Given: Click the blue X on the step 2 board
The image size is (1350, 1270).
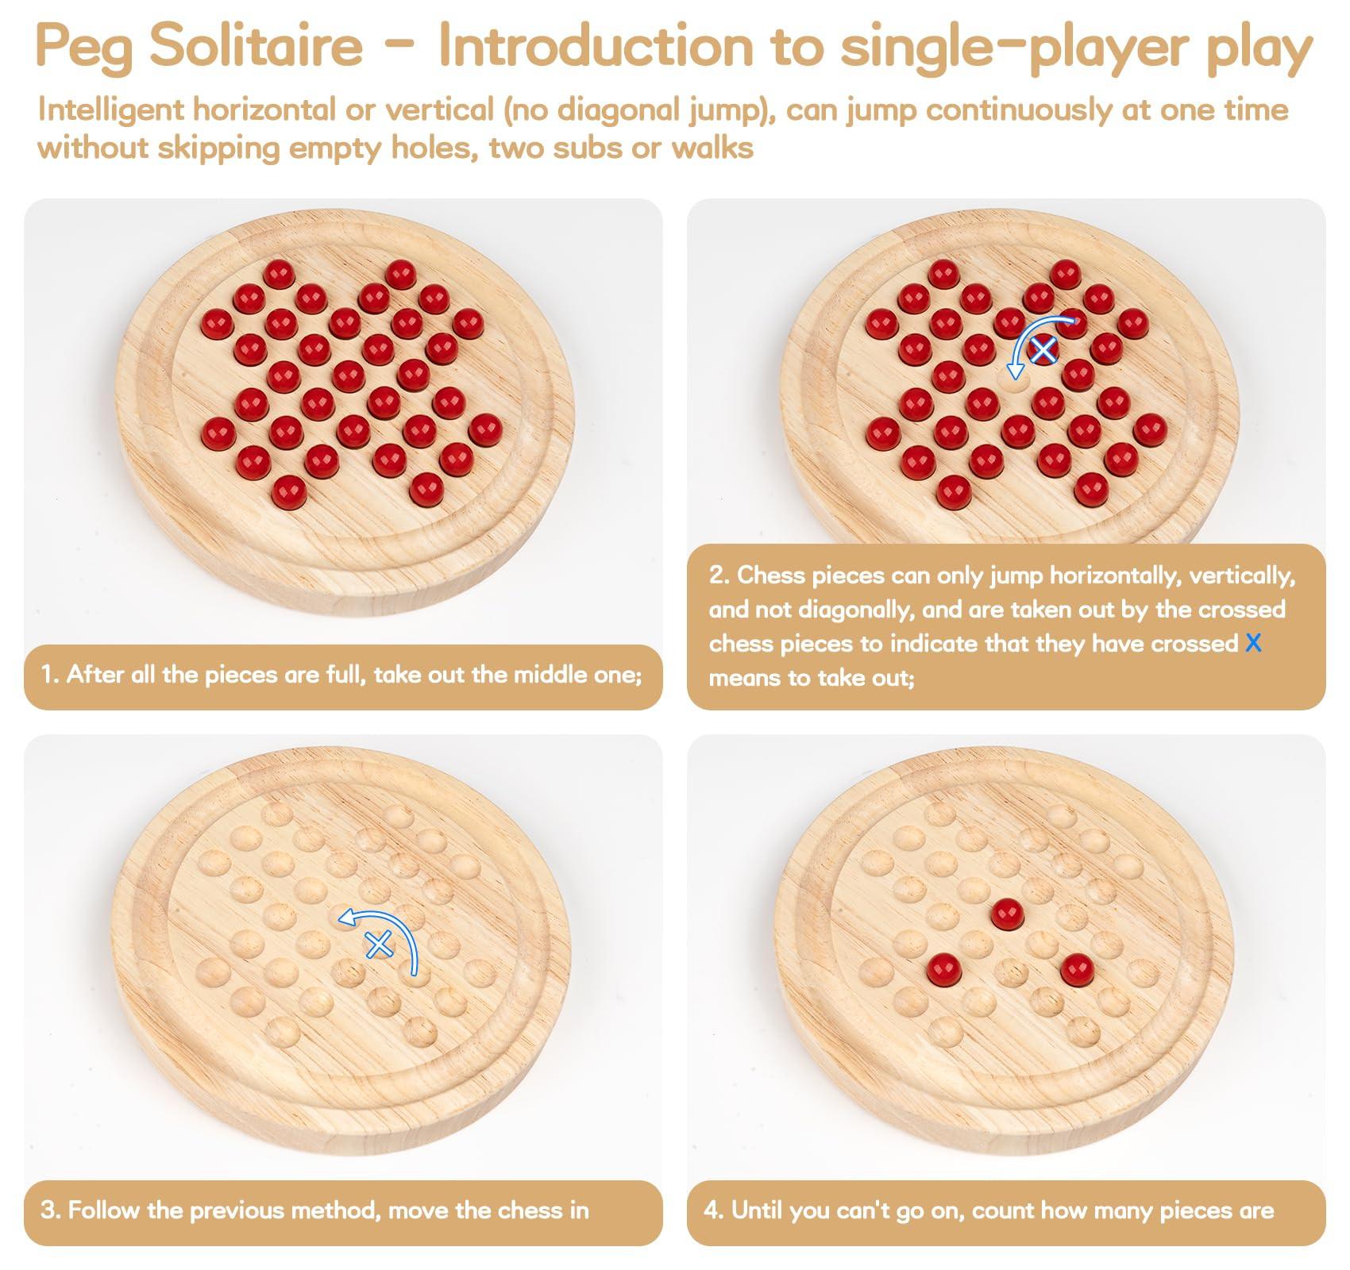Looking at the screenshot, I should (x=1043, y=349).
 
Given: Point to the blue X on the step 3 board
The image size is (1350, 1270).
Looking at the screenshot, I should (x=380, y=945).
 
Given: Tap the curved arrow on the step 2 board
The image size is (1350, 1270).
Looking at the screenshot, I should (x=1032, y=337).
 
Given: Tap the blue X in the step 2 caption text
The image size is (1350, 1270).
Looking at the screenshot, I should (x=1253, y=643).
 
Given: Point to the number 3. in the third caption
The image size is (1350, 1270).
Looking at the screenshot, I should (x=51, y=1210).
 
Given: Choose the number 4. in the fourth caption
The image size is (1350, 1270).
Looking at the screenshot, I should (x=712, y=1210).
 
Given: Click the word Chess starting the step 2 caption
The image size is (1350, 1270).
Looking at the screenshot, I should (x=773, y=575).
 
